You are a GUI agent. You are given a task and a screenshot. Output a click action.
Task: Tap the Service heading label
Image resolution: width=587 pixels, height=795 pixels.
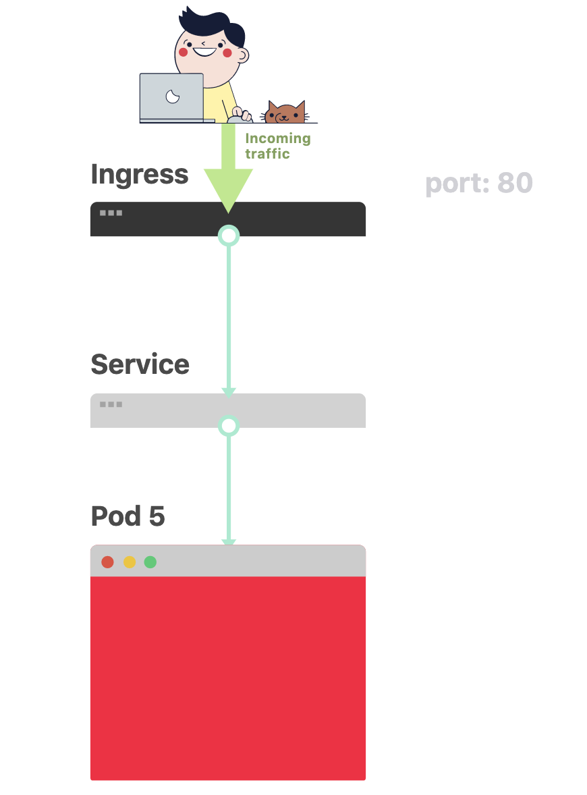click(140, 364)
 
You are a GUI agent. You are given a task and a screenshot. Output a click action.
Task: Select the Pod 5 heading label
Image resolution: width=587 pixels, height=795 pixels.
click(128, 516)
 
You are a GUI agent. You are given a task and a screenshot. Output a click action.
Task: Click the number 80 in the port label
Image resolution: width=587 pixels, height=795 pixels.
click(515, 182)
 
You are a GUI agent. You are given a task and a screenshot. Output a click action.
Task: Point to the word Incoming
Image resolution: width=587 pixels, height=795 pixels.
click(278, 139)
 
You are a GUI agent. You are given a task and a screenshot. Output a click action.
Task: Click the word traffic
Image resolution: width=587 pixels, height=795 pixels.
click(268, 154)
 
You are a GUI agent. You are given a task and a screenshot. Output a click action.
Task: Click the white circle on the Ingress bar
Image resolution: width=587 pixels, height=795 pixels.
click(229, 236)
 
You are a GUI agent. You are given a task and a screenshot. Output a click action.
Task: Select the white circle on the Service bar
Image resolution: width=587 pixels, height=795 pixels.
click(229, 426)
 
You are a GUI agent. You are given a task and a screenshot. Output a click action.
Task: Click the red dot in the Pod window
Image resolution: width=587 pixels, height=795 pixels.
click(107, 561)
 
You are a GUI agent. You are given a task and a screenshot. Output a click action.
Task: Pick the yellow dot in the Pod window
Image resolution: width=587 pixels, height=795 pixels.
click(130, 561)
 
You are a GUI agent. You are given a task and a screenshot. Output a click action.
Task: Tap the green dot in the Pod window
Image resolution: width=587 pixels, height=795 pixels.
click(150, 561)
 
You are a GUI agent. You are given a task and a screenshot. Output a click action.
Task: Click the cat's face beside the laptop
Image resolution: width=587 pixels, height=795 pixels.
click(285, 113)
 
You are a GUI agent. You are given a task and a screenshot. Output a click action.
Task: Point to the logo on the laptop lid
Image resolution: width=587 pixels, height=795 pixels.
click(173, 96)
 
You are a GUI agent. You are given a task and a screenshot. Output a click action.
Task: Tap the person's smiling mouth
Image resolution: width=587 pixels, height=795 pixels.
click(205, 52)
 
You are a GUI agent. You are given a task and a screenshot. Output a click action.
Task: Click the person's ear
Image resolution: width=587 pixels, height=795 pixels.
click(244, 55)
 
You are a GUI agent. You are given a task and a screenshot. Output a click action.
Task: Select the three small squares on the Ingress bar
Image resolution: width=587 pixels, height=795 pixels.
click(111, 213)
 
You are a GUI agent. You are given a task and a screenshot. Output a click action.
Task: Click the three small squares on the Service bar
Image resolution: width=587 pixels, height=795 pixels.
click(111, 404)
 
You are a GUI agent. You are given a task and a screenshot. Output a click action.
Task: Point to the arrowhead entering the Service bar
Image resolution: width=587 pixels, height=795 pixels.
click(229, 392)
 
